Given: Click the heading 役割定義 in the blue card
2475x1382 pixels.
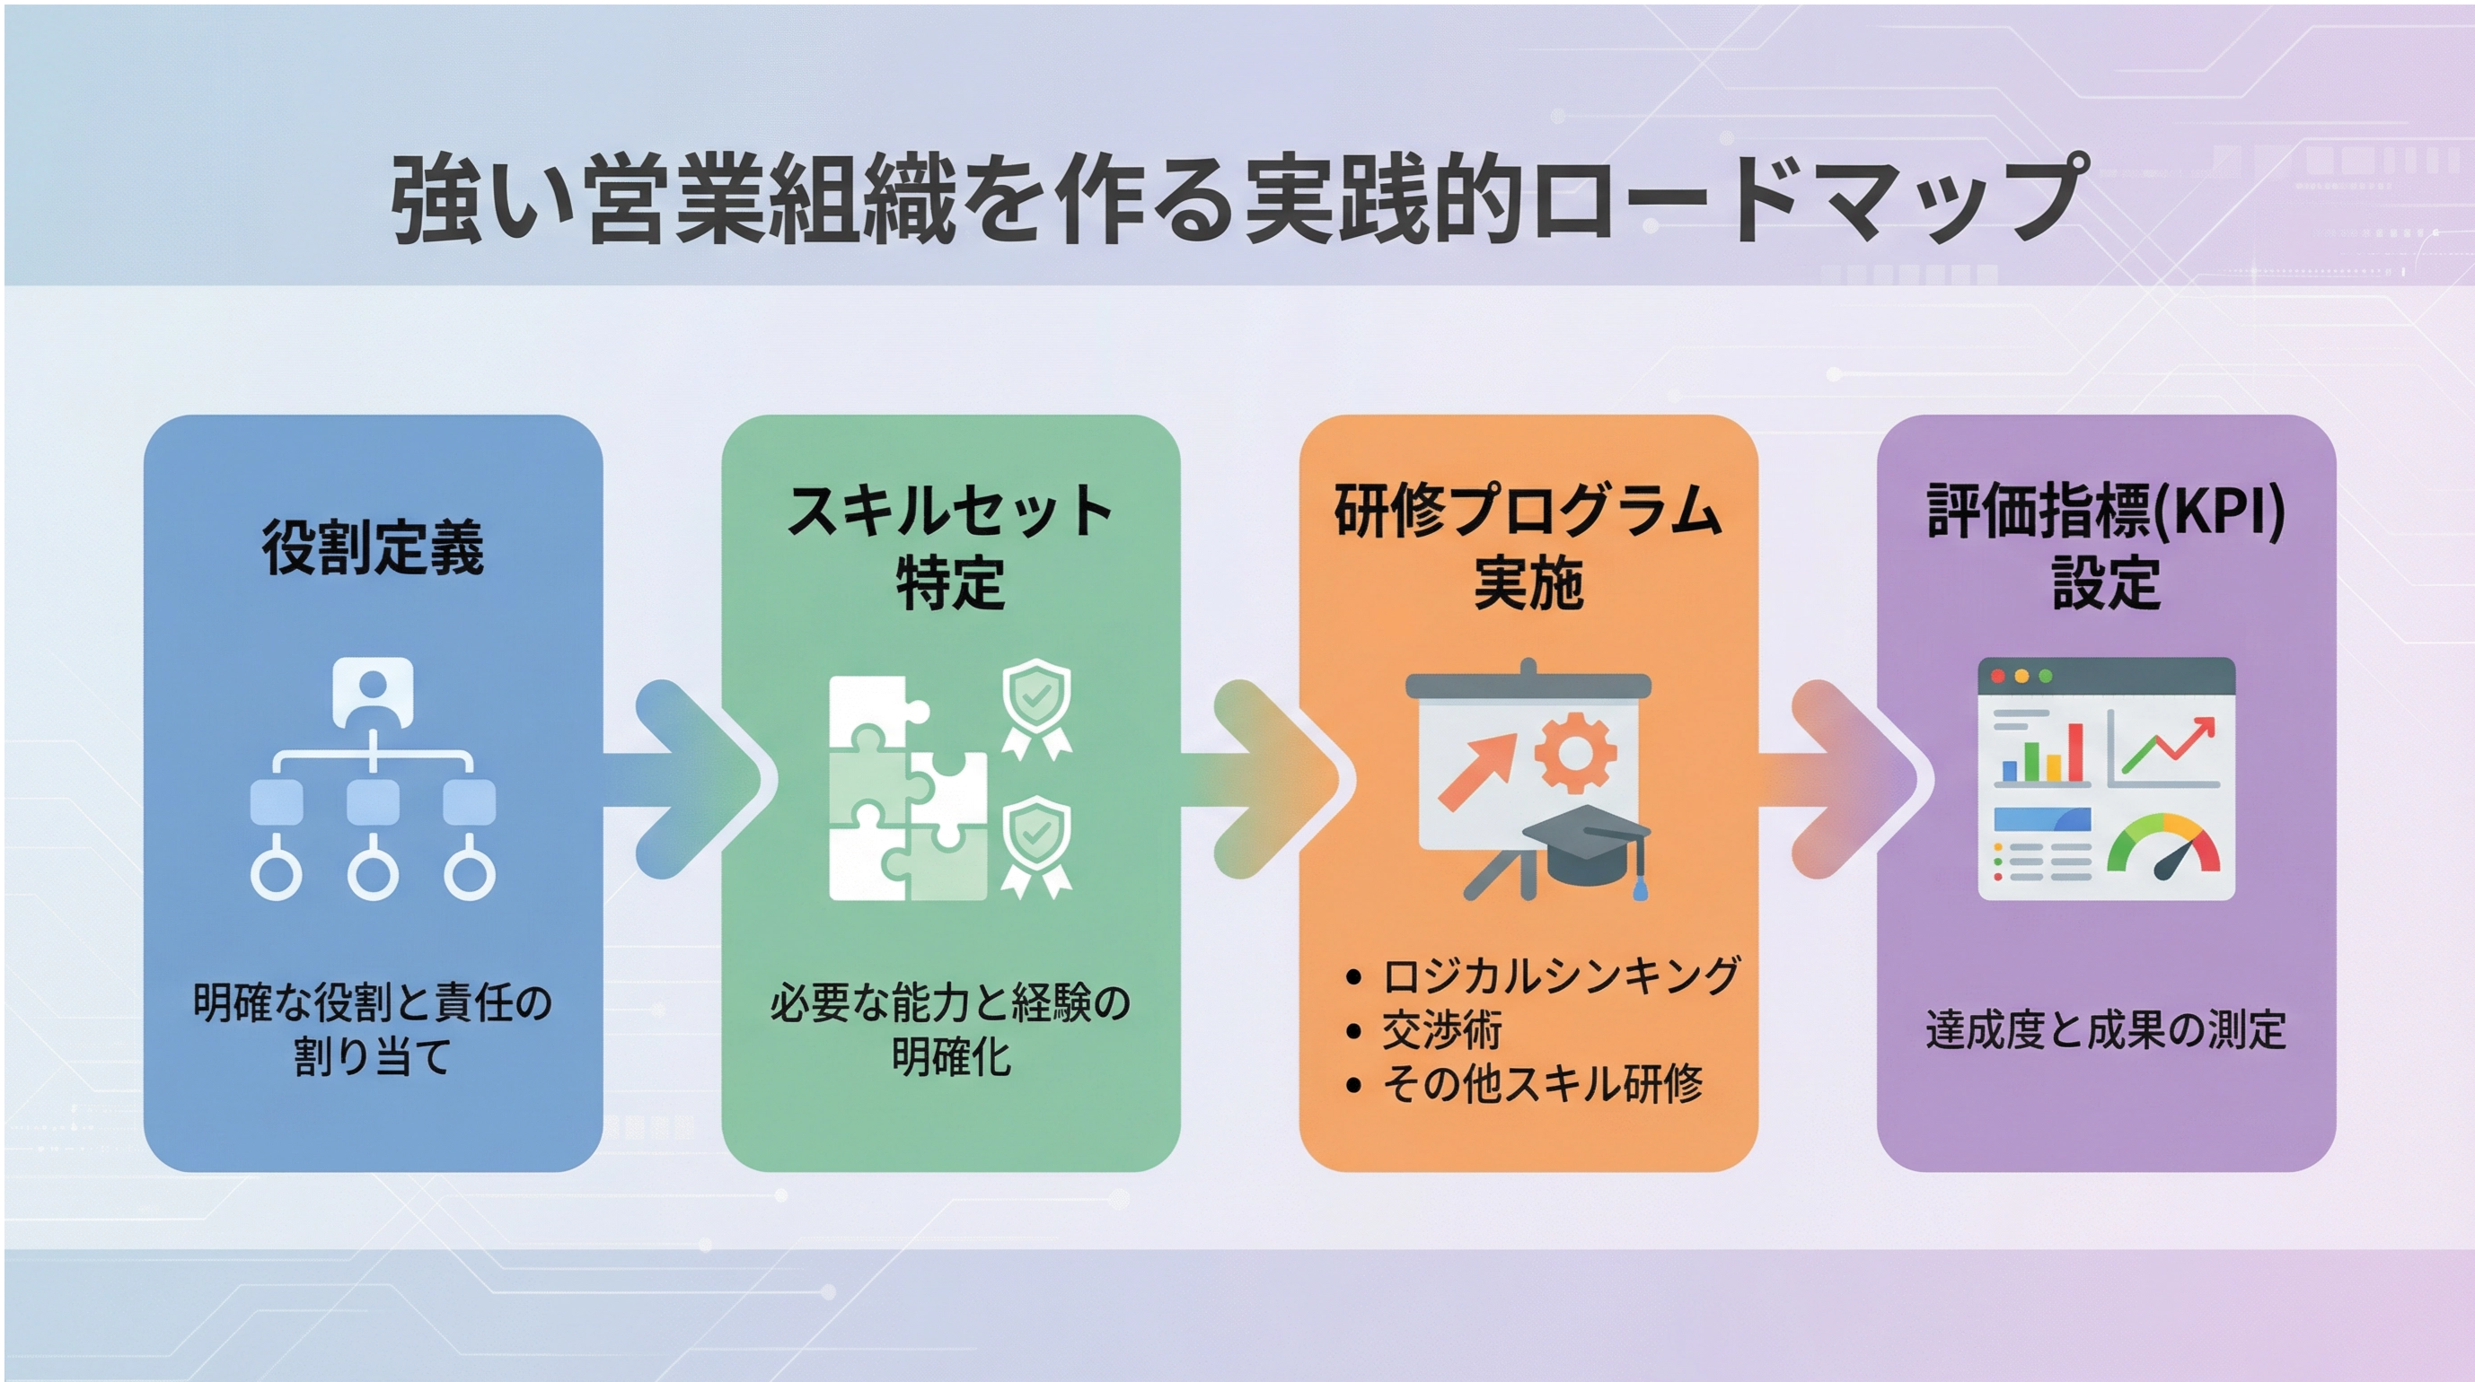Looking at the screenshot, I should coord(373,548).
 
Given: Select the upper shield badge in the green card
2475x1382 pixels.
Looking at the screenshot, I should coord(1036,707).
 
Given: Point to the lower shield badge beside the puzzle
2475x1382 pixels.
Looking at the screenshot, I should coord(1036,845).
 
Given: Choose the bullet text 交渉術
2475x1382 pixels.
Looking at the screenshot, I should coord(1442,1029).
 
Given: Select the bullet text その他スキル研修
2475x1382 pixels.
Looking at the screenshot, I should coord(1542,1084).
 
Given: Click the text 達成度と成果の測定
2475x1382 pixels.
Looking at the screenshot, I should coord(2106,1029).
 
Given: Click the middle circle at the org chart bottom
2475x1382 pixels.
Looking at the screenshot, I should coord(373,873).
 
